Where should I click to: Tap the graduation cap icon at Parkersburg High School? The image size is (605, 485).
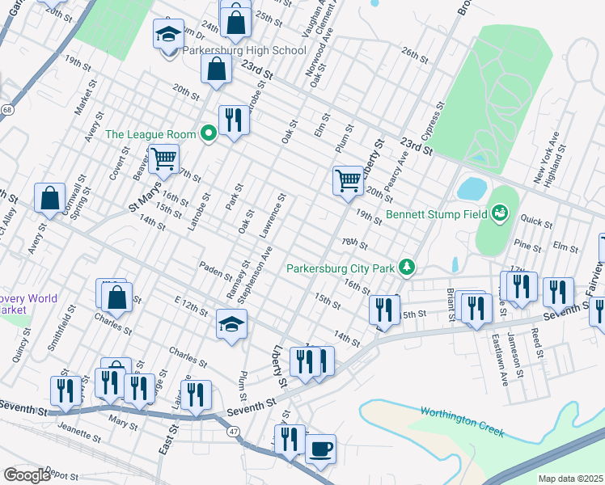169,35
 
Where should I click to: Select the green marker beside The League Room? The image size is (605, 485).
209,134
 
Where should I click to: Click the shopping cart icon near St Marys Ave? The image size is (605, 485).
163,158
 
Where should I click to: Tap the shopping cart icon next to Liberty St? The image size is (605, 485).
348,179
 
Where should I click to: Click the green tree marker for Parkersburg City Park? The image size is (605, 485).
409,267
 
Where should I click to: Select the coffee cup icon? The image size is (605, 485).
320,448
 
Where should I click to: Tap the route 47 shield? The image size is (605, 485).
233,434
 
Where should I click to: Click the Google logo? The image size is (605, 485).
27,475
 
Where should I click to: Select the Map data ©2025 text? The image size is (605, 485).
569,479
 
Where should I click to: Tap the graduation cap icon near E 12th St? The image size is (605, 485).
231,324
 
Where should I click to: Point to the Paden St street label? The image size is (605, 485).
216,271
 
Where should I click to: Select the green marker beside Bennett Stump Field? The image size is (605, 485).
501,213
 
